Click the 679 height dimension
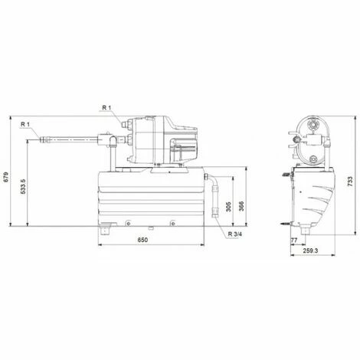point(6,177)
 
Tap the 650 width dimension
point(142,240)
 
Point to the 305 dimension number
point(228,207)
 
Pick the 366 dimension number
point(241,206)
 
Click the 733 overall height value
point(350,182)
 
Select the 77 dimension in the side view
point(294,241)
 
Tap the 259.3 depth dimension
point(311,250)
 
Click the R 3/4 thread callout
point(235,234)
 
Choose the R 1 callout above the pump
point(106,108)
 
